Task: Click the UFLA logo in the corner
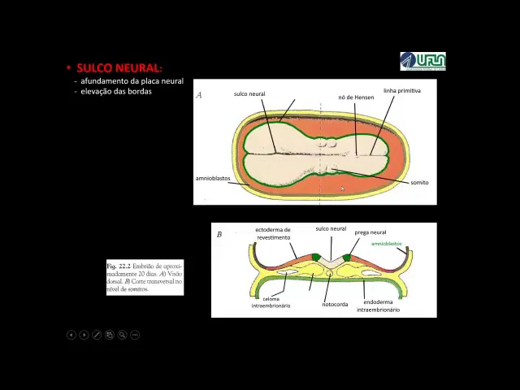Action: pyautogui.click(x=422, y=61)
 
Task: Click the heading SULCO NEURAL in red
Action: pyautogui.click(x=119, y=68)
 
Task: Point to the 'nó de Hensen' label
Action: pyautogui.click(x=356, y=97)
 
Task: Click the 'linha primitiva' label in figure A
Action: pyautogui.click(x=401, y=91)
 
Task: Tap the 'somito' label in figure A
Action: pyautogui.click(x=419, y=183)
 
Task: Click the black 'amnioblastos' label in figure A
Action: pyautogui.click(x=213, y=178)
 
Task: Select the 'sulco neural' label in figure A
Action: pyautogui.click(x=249, y=94)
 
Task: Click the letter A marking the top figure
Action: pyautogui.click(x=199, y=95)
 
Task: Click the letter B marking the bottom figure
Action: pyautogui.click(x=219, y=235)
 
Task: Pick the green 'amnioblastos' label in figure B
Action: pyautogui.click(x=386, y=244)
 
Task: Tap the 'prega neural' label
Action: pyautogui.click(x=370, y=232)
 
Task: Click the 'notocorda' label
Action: pyautogui.click(x=335, y=305)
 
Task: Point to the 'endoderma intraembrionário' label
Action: pyautogui.click(x=378, y=305)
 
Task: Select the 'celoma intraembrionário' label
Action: pyautogui.click(x=271, y=302)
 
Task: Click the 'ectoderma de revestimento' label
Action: pyautogui.click(x=273, y=233)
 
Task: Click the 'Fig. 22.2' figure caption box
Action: pyautogui.click(x=145, y=278)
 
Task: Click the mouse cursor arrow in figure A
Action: pyautogui.click(x=342, y=188)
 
